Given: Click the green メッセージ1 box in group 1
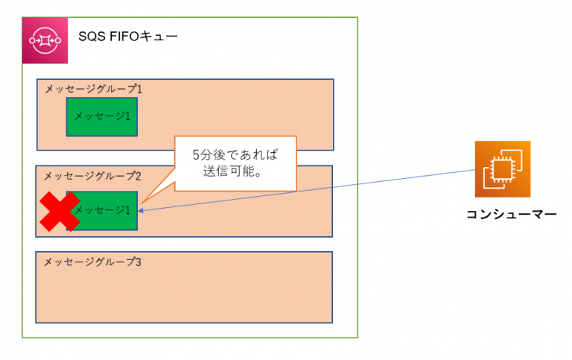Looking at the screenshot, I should [103, 117].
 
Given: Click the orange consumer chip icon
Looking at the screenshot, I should [503, 168].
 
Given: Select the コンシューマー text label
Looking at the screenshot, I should [511, 215].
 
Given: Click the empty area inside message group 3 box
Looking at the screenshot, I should [184, 294].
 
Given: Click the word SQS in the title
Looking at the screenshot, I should [92, 37].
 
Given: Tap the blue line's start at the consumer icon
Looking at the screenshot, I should [474, 170].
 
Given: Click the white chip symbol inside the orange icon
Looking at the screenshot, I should [500, 170].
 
